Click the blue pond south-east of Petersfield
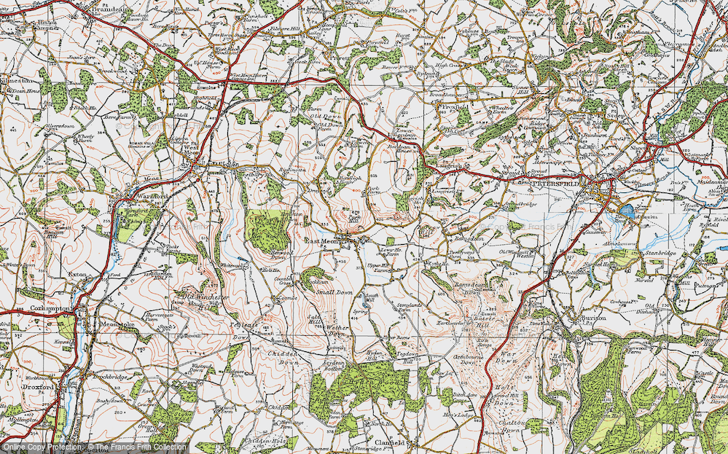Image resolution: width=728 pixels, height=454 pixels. pyautogui.click(x=625, y=211)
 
